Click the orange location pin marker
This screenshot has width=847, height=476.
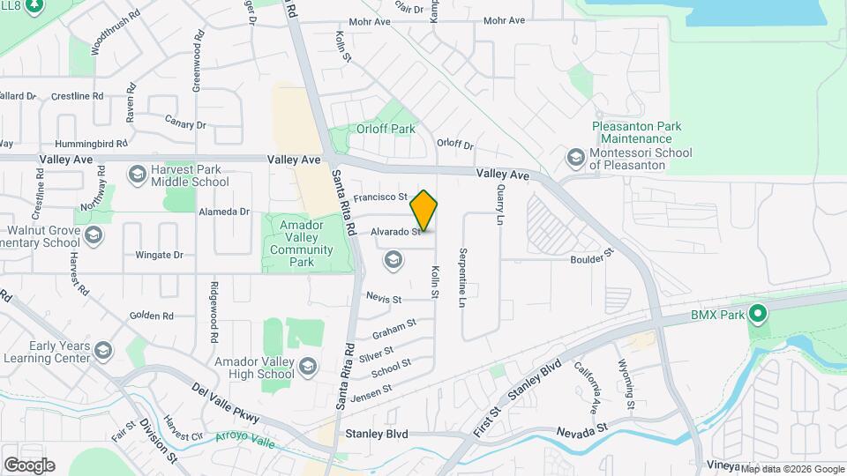click(424, 211)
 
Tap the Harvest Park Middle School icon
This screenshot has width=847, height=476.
click(137, 175)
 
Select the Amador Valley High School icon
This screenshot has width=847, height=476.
click(307, 366)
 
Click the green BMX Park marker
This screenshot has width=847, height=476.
click(757, 313)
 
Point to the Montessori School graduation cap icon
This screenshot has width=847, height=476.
click(576, 158)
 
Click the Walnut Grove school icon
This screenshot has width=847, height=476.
click(94, 235)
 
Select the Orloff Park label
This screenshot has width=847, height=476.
click(391, 129)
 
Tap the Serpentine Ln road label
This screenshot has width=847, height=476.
click(461, 277)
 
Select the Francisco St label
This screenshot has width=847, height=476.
click(380, 197)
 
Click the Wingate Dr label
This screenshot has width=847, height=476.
click(159, 256)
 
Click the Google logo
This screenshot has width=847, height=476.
click(29, 465)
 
